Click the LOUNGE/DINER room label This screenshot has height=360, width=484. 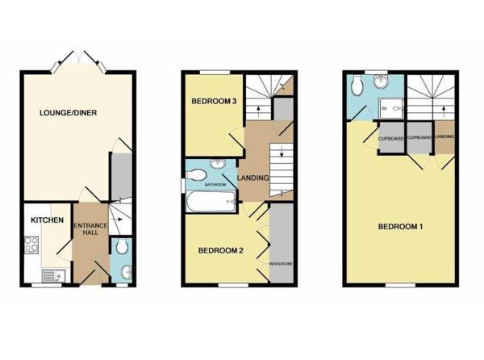click(x=69, y=113)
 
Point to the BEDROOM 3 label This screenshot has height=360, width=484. click(x=213, y=102)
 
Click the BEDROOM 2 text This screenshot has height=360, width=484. click(x=221, y=250)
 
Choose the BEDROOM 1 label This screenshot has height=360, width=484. click(x=401, y=227)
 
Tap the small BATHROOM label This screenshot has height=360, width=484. click(x=215, y=185)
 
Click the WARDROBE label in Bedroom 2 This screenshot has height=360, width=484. click(x=281, y=262)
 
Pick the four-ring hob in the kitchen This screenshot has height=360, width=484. click(x=33, y=243)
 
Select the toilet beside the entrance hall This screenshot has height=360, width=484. click(x=122, y=247)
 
